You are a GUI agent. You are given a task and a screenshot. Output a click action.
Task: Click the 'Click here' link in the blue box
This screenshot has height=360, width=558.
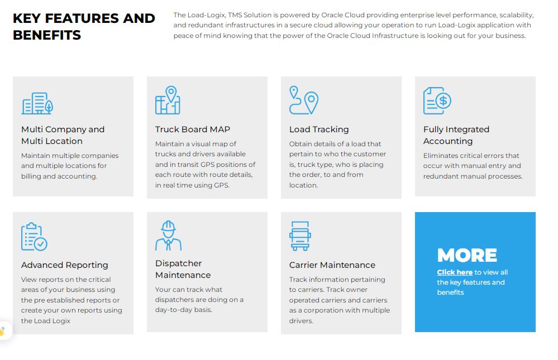[455, 272]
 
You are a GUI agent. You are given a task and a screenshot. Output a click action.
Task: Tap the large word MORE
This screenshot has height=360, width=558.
[467, 255]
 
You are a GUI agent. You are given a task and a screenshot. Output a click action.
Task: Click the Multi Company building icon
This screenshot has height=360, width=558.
[37, 103]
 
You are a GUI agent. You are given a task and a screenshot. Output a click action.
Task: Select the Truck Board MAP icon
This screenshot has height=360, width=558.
[168, 100]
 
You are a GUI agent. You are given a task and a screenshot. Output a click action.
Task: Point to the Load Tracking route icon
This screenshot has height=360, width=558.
[303, 100]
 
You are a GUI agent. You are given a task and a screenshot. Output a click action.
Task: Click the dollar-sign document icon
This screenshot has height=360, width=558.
[437, 101]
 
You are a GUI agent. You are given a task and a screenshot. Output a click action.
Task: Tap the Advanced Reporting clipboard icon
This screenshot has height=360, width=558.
[34, 237]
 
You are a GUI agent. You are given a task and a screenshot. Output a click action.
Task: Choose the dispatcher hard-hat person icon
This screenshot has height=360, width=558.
[168, 236]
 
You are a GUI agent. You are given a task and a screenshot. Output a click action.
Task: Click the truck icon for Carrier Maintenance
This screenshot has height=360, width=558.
[300, 236]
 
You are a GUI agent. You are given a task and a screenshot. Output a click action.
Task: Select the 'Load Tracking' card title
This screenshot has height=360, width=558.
[319, 129]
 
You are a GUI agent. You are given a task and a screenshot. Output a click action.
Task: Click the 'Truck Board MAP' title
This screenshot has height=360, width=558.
[193, 129]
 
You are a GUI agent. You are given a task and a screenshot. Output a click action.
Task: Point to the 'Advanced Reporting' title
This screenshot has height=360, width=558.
[65, 265]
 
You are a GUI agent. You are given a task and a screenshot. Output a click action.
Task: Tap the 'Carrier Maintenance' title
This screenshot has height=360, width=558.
[332, 265]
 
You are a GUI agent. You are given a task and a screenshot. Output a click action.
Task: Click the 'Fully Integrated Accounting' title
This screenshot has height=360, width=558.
[456, 135]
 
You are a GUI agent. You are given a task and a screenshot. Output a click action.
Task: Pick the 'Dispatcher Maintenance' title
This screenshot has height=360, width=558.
[183, 269]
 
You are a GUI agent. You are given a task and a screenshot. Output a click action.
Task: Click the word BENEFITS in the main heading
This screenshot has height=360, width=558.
[47, 35]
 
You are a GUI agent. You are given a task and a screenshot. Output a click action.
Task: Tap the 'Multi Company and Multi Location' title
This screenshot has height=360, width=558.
[63, 135]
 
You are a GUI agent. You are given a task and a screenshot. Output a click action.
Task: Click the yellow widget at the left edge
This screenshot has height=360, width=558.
[3, 331]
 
